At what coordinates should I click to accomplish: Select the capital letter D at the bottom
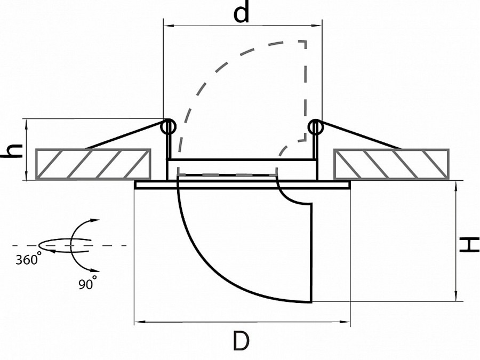click(241, 340)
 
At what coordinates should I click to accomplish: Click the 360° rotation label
click(28, 259)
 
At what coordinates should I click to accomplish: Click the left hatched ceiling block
click(93, 164)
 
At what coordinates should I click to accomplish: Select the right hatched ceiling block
click(391, 164)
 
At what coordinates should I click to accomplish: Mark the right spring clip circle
click(315, 127)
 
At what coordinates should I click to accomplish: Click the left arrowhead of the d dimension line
click(167, 26)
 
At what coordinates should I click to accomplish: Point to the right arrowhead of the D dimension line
click(346, 322)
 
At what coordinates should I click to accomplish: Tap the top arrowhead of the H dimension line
click(456, 185)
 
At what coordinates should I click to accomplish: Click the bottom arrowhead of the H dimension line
click(456, 297)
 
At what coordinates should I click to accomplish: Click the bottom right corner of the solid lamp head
click(311, 302)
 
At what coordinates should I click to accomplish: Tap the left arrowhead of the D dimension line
click(139, 322)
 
